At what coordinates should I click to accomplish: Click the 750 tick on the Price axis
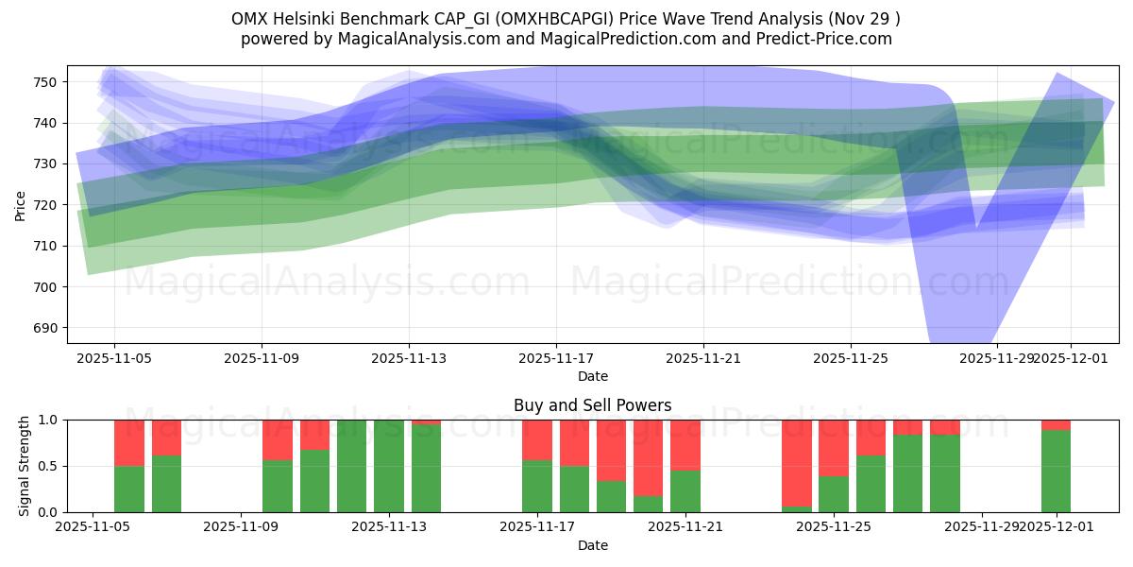tap(47, 82)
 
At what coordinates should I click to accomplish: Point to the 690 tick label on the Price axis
tap(47, 328)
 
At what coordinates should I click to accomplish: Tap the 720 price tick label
tap(47, 205)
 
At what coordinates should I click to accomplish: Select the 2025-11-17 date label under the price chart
tap(556, 358)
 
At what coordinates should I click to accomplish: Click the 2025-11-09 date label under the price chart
tap(262, 358)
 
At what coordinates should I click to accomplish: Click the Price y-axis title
tap(20, 205)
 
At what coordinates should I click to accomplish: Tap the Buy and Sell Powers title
tap(592, 405)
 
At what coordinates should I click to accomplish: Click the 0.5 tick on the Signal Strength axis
tap(47, 466)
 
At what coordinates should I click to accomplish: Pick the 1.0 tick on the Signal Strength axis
tap(47, 420)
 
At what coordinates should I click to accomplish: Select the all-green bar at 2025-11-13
tap(389, 466)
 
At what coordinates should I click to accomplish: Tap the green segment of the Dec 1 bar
tap(1056, 471)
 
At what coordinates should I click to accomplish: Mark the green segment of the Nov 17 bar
tap(537, 486)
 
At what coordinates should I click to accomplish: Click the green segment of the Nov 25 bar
tap(834, 493)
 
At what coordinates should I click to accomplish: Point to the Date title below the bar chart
tap(592, 545)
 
